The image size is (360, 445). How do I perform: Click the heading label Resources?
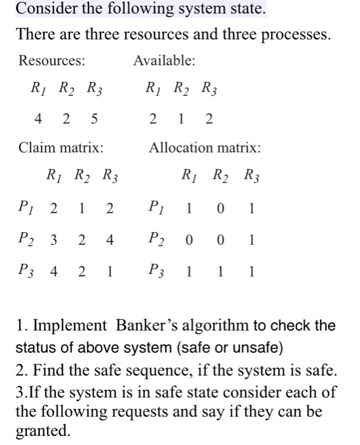click(52, 61)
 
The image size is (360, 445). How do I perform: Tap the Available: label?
click(164, 61)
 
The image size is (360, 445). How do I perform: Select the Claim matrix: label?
click(61, 148)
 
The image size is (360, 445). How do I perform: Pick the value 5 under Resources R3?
click(95, 118)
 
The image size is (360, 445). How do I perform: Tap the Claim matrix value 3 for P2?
click(53, 240)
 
